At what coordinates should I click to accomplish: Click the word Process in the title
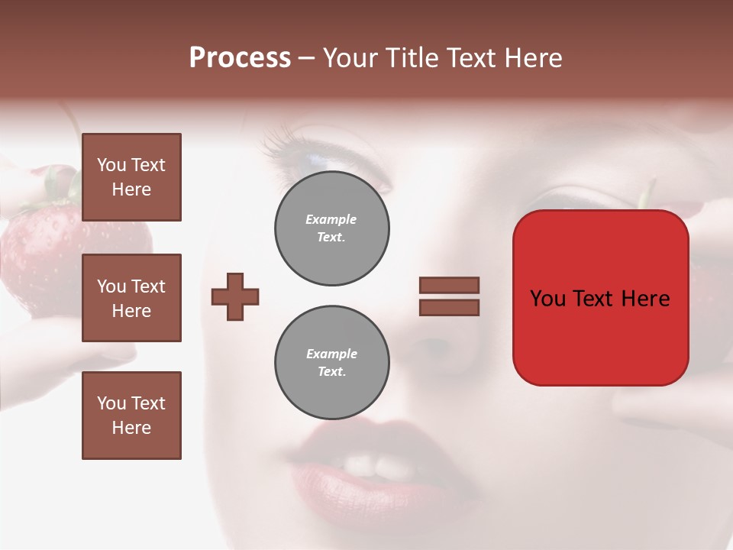(x=240, y=58)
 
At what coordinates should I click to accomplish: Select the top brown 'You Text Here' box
(x=131, y=177)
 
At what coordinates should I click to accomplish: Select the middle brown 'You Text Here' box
(x=131, y=298)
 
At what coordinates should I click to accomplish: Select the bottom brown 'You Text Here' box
(x=131, y=416)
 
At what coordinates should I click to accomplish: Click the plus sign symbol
(x=235, y=297)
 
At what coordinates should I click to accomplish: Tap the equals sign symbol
(x=449, y=296)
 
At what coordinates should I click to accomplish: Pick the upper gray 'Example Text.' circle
(x=332, y=228)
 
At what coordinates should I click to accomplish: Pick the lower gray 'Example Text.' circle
(x=332, y=363)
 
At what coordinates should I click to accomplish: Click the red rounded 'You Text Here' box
(x=600, y=298)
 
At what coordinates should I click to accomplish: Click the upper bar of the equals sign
(x=449, y=285)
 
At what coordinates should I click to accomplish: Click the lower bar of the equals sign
(x=449, y=308)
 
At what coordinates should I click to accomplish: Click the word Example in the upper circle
(x=331, y=219)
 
